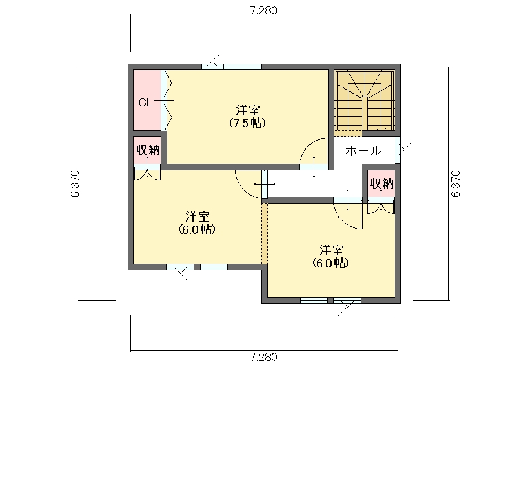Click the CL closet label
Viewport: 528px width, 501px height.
coord(145,102)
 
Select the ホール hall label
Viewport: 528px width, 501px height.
coord(363,150)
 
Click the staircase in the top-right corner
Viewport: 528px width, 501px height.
coord(365,100)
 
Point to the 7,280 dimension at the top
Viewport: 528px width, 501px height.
coord(264,11)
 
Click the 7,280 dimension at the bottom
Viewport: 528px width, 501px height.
coord(264,357)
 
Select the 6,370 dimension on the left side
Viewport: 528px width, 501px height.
coord(75,183)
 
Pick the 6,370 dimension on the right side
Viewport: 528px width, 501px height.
coord(456,183)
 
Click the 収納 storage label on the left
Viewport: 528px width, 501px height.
coord(148,150)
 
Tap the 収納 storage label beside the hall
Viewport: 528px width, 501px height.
coord(381,183)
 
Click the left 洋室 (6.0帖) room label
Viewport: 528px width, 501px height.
coord(197,223)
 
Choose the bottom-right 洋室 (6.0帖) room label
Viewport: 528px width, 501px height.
coord(331,256)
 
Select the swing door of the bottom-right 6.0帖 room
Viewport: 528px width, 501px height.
coord(348,213)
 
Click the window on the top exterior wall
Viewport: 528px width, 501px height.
coord(232,67)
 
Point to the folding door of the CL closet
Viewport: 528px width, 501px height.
coord(166,100)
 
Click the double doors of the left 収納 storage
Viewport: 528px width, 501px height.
coord(147,172)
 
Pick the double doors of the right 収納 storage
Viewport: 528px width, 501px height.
coord(381,205)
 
